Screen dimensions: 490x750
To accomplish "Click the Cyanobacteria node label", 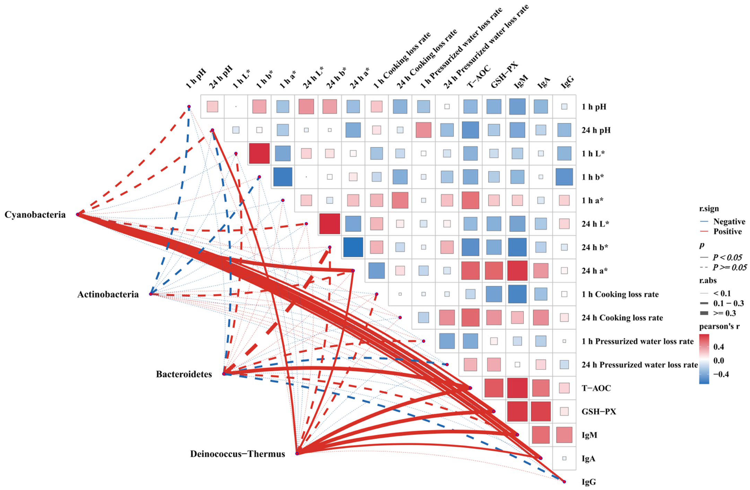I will point(35,215).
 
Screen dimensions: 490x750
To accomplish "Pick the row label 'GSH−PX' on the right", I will point(599,412).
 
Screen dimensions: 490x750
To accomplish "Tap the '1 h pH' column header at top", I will point(196,79).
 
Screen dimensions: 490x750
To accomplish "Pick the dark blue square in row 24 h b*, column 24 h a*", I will point(353,247).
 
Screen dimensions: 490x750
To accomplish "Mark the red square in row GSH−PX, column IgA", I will point(540,411).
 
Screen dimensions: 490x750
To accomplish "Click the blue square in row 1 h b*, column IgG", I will point(564,177).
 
